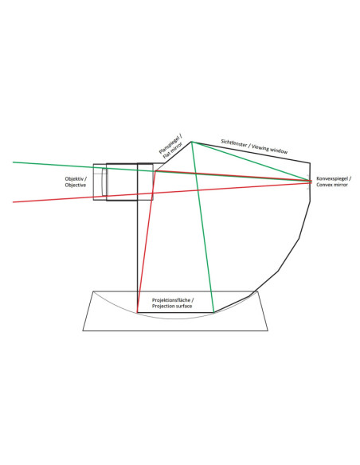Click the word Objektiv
tap(74, 179)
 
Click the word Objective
tap(76, 185)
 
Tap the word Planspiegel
tap(170, 144)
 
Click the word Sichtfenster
tap(233, 143)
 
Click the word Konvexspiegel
tap(332, 179)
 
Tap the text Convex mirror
tap(332, 185)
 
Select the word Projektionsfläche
tap(171, 300)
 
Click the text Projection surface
tap(172, 306)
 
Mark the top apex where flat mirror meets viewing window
tap(191, 142)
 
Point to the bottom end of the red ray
tap(137, 312)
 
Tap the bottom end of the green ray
tap(213, 312)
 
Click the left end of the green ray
tap(13, 162)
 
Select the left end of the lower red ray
tap(13, 202)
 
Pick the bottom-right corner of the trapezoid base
tap(268, 330)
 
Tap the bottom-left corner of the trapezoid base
tap(83, 330)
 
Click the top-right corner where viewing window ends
tap(310, 162)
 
